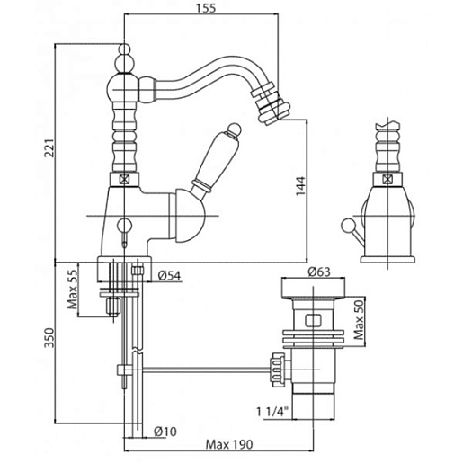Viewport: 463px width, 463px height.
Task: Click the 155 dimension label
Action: tap(206, 8)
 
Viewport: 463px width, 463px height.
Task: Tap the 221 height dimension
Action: tap(49, 148)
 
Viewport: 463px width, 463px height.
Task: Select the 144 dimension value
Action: tap(300, 186)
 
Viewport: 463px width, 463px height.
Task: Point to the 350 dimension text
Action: tap(49, 338)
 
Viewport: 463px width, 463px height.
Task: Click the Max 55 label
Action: tap(72, 289)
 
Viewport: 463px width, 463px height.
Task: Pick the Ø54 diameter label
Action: tap(169, 276)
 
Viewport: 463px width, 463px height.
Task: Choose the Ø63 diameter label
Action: tap(319, 272)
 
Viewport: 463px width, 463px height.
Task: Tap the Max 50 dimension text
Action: tap(359, 319)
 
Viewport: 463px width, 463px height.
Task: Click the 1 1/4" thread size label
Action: tap(272, 412)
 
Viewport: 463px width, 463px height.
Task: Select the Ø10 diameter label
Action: tap(165, 432)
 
